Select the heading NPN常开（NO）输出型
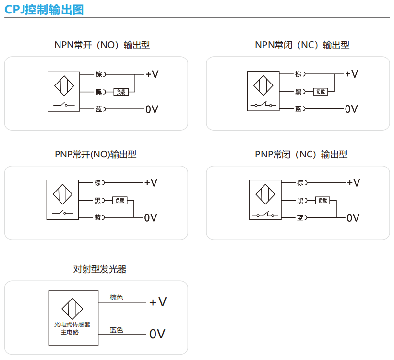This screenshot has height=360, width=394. pyautogui.click(x=102, y=45)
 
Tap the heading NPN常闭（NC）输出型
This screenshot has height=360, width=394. pyautogui.click(x=302, y=45)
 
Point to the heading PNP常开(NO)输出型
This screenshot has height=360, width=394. pyautogui.click(x=96, y=155)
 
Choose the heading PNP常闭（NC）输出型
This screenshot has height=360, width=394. pyautogui.click(x=301, y=155)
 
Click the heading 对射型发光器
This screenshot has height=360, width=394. pyautogui.click(x=100, y=269)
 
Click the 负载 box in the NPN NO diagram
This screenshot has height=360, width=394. pyautogui.click(x=121, y=92)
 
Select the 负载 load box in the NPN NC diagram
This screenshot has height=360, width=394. pyautogui.click(x=320, y=92)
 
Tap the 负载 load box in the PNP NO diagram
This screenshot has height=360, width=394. pyautogui.click(x=119, y=201)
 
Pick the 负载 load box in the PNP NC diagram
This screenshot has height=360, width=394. pyautogui.click(x=322, y=201)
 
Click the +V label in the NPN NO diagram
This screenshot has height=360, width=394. pyautogui.click(x=152, y=74)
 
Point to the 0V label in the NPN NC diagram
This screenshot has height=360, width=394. pyautogui.click(x=351, y=109)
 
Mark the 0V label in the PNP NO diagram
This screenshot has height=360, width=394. pyautogui.click(x=151, y=218)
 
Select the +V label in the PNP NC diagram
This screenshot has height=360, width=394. pyautogui.click(x=353, y=183)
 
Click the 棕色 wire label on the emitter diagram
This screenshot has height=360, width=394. pyautogui.click(x=116, y=297)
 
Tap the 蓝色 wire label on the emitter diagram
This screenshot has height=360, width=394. pyautogui.click(x=116, y=330)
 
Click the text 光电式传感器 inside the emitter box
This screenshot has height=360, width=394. pyautogui.click(x=72, y=324)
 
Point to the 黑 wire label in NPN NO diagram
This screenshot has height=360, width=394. pyautogui.click(x=99, y=92)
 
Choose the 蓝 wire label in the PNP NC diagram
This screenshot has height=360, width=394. pyautogui.click(x=300, y=218)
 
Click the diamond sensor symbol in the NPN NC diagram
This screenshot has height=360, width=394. pyautogui.click(x=263, y=85)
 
